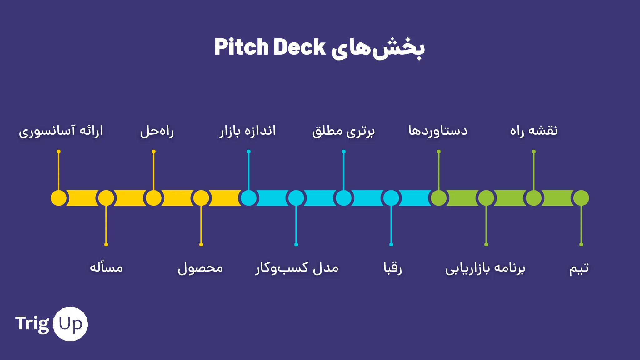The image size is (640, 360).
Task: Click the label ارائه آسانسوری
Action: [x=61, y=131]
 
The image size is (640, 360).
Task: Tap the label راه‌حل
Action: [x=157, y=131]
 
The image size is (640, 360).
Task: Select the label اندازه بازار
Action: [x=247, y=131]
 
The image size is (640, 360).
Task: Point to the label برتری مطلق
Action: [x=343, y=131]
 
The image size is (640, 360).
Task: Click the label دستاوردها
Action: [x=438, y=130]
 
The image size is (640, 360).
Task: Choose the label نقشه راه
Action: [x=534, y=130]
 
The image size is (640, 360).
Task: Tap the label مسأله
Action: [x=106, y=267]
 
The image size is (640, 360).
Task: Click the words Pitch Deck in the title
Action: [x=270, y=47]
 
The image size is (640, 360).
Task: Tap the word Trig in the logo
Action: [x=32, y=324]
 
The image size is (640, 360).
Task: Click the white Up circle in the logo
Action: [x=70, y=324]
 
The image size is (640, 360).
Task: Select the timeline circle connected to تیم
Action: [x=581, y=198]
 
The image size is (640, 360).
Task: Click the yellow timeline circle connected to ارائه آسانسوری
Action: [x=59, y=198]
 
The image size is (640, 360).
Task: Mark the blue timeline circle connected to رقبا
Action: [x=391, y=198]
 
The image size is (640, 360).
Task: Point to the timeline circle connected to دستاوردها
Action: [x=439, y=198]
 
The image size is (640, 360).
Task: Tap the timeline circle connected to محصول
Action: [x=201, y=198]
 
